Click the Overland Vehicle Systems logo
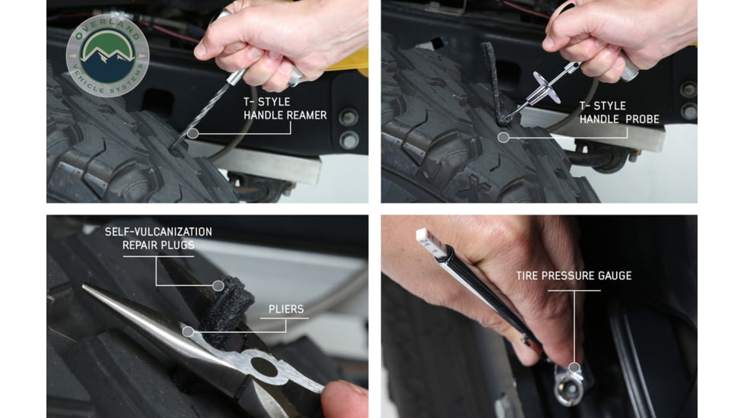coord(107,55)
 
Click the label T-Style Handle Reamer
coord(285,109)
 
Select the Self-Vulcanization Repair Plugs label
coord(158,238)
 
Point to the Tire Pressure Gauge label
coord(574,276)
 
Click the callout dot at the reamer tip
coord(192,133)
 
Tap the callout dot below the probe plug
coord(503,138)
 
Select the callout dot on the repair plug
coord(218,286)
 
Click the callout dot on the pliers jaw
coord(187,331)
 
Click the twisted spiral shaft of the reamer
coord(208,107)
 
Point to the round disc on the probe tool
coord(545,87)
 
